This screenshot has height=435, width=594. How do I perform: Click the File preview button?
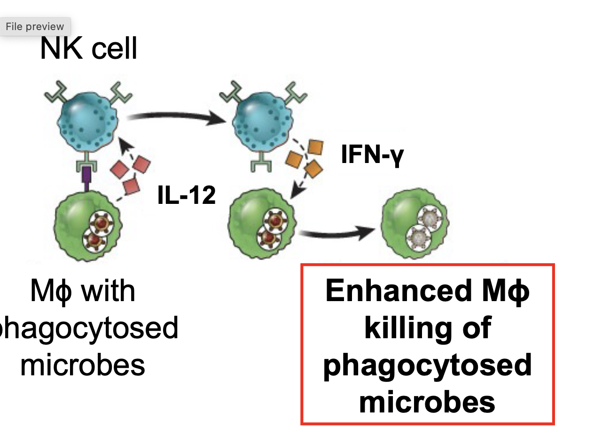tap(35, 27)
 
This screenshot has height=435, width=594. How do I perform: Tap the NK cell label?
tap(88, 48)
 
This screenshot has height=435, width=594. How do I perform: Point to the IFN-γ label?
tap(372, 155)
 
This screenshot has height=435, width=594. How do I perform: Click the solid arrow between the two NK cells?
tap(174, 117)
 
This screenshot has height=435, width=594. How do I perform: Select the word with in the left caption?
tap(108, 291)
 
